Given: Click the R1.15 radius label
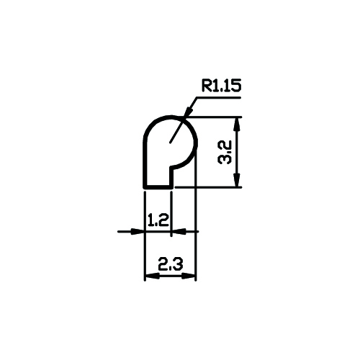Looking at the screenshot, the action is (221, 86).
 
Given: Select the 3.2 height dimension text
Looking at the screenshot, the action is (225, 153).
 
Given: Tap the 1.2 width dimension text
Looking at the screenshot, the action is (158, 220).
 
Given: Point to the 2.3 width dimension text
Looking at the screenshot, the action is (171, 264).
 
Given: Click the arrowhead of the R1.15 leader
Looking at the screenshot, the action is (188, 112).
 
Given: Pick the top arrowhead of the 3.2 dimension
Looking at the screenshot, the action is (237, 124).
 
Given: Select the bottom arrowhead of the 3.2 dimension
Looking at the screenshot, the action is (237, 180).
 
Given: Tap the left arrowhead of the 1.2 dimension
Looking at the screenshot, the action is (138, 232).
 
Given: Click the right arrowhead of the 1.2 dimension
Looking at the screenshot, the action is (179, 232).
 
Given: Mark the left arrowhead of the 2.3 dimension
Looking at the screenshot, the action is (152, 276).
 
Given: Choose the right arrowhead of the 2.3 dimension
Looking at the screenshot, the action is (189, 276).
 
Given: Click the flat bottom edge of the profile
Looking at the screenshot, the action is (158, 186).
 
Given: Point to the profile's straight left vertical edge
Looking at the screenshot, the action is (145, 163).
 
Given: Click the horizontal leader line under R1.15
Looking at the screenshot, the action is (218, 97).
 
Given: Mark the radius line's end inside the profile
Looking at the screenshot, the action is (170, 143).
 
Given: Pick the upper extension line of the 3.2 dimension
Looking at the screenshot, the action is (214, 117).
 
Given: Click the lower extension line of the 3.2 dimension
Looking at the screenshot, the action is (208, 187).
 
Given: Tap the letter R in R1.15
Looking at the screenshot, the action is (206, 86).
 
